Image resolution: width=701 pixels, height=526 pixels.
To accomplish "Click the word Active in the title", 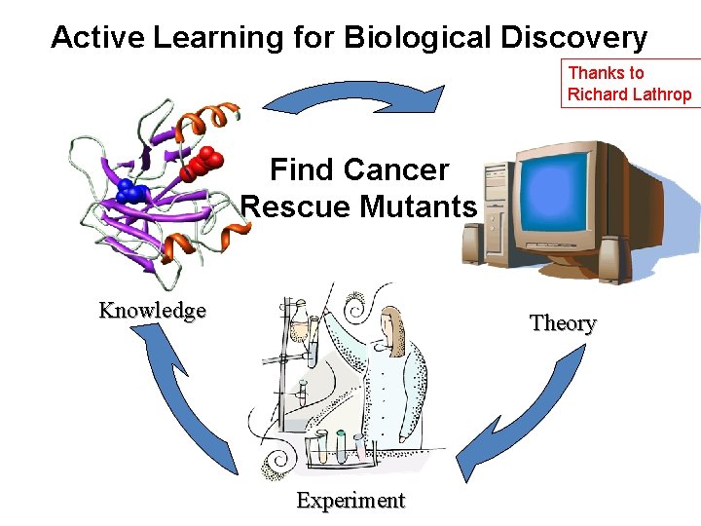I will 96,38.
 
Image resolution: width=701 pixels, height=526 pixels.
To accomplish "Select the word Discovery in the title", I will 573,38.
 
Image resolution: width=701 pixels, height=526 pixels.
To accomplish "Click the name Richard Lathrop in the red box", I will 629,94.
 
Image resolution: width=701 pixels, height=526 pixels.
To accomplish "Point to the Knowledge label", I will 153,311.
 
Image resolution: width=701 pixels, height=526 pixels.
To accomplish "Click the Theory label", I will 563,323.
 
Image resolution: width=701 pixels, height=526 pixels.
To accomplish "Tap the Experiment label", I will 350,501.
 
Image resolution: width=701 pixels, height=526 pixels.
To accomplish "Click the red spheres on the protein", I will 205,160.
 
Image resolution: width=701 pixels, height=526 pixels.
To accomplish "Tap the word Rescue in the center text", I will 296,207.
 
